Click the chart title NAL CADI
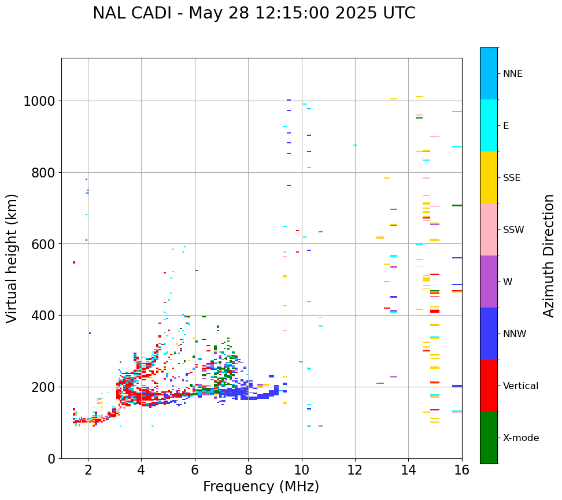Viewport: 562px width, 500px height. click(254, 13)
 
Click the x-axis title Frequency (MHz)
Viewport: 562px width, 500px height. click(261, 487)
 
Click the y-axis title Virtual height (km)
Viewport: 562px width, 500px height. click(13, 258)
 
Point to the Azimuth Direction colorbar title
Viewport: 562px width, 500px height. click(549, 255)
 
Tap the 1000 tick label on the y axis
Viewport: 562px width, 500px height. click(39, 102)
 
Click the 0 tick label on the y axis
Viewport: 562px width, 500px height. click(51, 458)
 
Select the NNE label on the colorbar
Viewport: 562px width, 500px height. click(513, 74)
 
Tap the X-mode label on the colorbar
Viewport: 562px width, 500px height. click(521, 438)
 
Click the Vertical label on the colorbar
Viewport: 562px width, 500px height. click(520, 386)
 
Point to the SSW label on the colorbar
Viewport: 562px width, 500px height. click(513, 230)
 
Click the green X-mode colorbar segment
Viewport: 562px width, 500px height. click(489, 438)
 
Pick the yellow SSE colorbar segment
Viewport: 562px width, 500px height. click(489, 177)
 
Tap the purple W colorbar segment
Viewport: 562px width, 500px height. click(489, 282)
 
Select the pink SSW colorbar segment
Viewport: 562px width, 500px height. click(489, 229)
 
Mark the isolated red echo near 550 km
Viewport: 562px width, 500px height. click(74, 262)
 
